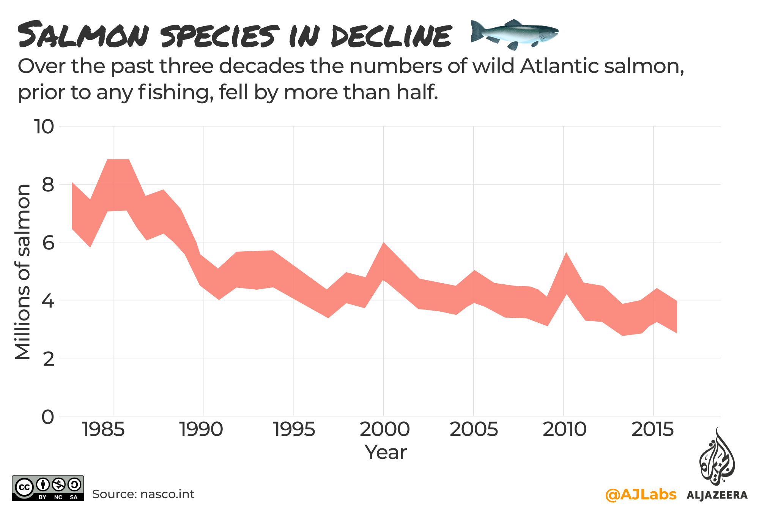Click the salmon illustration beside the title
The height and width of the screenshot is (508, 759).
[x=514, y=34]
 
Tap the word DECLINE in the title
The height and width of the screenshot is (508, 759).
[x=391, y=36]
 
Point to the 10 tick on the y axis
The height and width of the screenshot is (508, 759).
[x=44, y=126]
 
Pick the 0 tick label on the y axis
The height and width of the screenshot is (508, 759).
[x=48, y=417]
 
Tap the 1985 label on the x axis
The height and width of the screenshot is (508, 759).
[x=103, y=430]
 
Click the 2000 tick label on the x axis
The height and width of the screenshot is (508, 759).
[x=384, y=430]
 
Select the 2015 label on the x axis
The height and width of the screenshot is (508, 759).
[x=652, y=430]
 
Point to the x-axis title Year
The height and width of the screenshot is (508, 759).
[x=385, y=452]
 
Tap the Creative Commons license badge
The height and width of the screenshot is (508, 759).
[x=48, y=488]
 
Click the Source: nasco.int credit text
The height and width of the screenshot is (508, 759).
[x=143, y=494]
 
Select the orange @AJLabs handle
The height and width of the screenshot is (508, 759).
[x=641, y=494]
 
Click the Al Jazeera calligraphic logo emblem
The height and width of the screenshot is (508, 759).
[x=716, y=458]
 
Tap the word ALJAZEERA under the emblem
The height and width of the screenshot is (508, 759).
[x=717, y=495]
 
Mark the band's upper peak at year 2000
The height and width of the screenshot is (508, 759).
[x=384, y=243]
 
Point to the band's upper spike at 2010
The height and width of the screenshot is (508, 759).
[x=566, y=253]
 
